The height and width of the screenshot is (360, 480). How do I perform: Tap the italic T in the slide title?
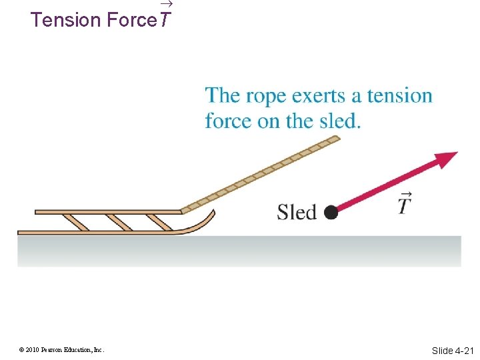coord(165,20)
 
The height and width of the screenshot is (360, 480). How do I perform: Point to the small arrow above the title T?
coord(166,5)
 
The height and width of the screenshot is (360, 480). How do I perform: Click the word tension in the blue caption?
coord(399,96)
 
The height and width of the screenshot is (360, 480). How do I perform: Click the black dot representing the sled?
coord(331,213)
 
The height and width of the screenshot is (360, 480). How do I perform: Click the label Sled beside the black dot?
coord(297,212)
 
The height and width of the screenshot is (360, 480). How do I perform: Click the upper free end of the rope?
coord(335,139)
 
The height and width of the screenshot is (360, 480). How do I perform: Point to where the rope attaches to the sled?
coord(183,211)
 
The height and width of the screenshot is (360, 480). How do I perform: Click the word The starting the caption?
coord(223,96)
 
